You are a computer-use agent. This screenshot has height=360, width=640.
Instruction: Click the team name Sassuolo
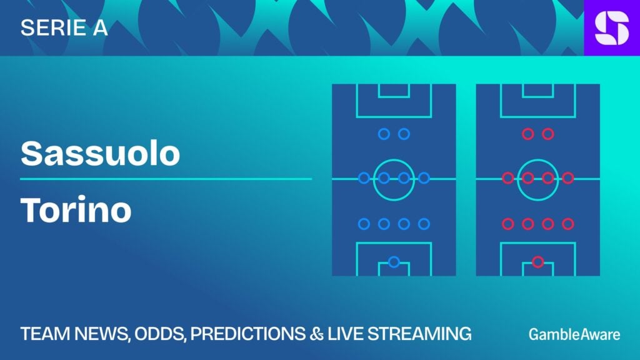point(100,153)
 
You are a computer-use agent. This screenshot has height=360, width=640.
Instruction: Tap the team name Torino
point(76,210)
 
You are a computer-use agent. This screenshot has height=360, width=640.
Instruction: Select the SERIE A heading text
point(64,27)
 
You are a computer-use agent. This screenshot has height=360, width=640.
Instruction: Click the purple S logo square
point(612,27)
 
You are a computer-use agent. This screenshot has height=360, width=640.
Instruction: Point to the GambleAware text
point(574,334)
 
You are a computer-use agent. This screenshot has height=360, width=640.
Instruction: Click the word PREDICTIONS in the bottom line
point(247,334)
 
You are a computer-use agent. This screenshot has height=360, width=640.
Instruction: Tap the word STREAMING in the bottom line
point(419,334)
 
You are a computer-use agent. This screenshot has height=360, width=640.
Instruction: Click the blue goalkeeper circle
point(394,262)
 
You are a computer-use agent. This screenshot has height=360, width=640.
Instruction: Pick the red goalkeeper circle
point(538,262)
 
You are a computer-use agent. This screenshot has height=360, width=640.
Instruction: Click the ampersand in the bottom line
point(316,334)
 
